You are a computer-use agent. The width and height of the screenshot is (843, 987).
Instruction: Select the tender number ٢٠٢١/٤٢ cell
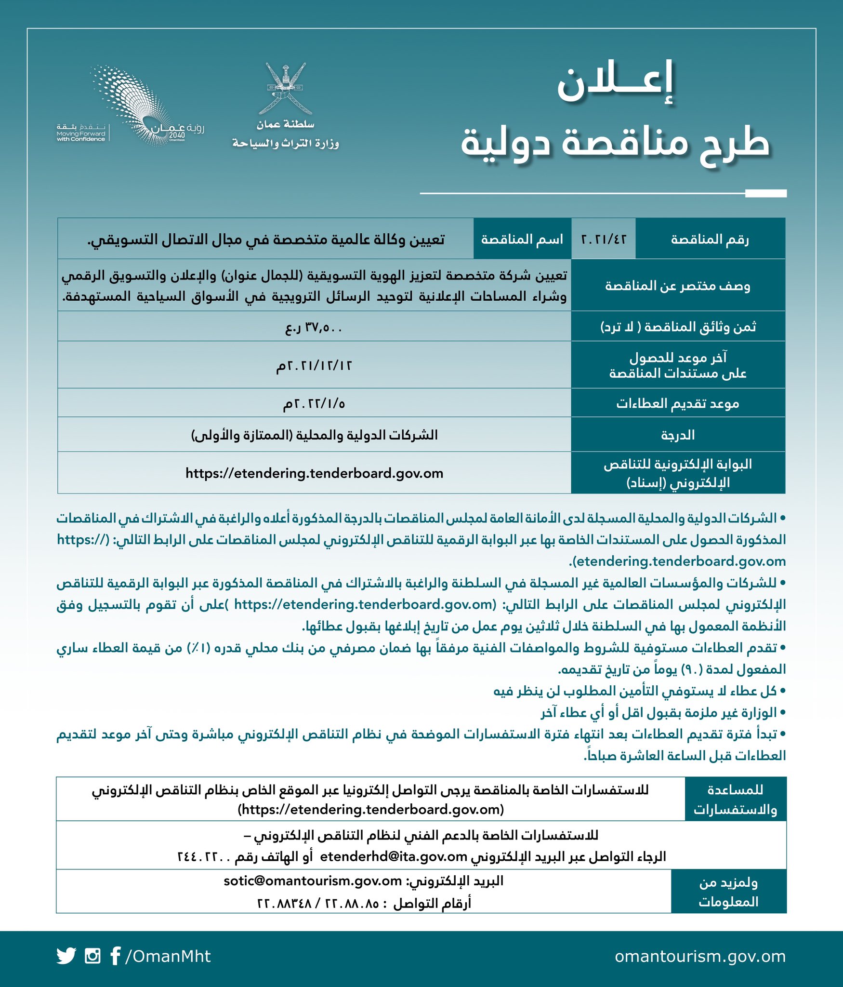[x=603, y=239]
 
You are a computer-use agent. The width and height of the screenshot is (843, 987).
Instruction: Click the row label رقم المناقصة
[x=710, y=239]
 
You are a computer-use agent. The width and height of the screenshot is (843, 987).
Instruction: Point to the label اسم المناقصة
[x=522, y=239]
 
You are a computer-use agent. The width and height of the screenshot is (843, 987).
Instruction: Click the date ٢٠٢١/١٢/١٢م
[x=314, y=365]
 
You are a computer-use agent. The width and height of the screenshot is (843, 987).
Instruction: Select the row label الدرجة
[x=677, y=435]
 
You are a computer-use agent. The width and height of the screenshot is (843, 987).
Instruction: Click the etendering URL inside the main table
[x=314, y=473]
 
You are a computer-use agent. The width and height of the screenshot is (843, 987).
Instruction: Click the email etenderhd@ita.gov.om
[x=394, y=856]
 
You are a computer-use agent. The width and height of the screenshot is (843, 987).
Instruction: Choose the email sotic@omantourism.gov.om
[x=313, y=881]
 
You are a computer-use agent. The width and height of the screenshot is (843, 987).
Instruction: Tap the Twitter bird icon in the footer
[x=66, y=956]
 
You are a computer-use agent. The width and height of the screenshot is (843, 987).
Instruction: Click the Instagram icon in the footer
[x=92, y=956]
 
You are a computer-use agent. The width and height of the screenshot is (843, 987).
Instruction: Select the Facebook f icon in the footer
[x=115, y=956]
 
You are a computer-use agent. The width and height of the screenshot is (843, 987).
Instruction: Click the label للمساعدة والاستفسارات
[x=735, y=800]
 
